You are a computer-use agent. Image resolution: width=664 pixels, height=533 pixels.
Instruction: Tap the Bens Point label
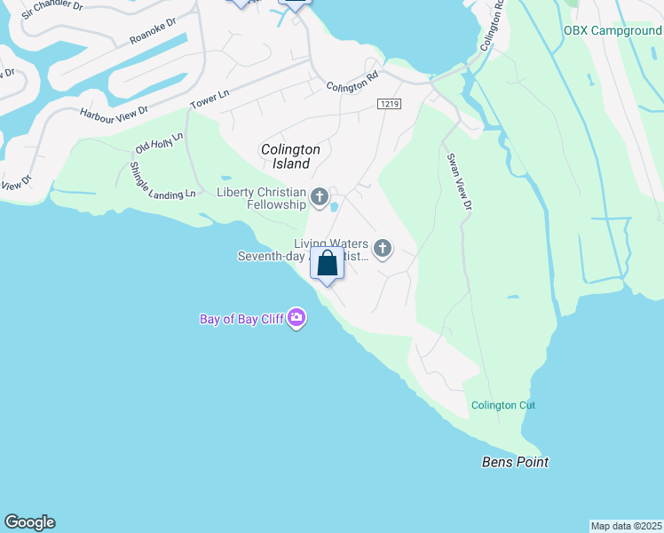point(515,462)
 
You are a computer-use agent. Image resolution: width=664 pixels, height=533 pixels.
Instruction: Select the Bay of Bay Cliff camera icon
point(296,318)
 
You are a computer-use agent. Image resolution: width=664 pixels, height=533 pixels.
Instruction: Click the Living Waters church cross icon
point(383,249)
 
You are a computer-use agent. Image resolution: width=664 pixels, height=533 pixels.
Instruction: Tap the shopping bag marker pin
point(327,265)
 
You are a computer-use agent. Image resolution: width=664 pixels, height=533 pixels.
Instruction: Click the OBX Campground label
point(613,30)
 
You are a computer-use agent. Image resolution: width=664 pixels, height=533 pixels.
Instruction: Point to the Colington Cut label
point(503,405)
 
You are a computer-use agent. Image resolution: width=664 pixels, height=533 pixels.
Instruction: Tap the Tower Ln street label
point(209,99)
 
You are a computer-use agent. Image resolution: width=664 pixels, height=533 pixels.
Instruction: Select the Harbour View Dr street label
point(115,113)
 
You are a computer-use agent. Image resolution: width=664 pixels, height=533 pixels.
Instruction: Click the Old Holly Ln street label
point(159,142)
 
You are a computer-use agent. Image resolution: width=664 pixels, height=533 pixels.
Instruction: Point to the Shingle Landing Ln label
point(162,180)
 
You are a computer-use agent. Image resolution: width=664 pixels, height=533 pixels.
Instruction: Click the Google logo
point(29,522)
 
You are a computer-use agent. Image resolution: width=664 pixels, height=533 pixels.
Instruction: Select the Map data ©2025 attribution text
point(627,525)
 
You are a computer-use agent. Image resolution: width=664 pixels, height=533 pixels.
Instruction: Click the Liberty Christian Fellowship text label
point(261,199)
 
